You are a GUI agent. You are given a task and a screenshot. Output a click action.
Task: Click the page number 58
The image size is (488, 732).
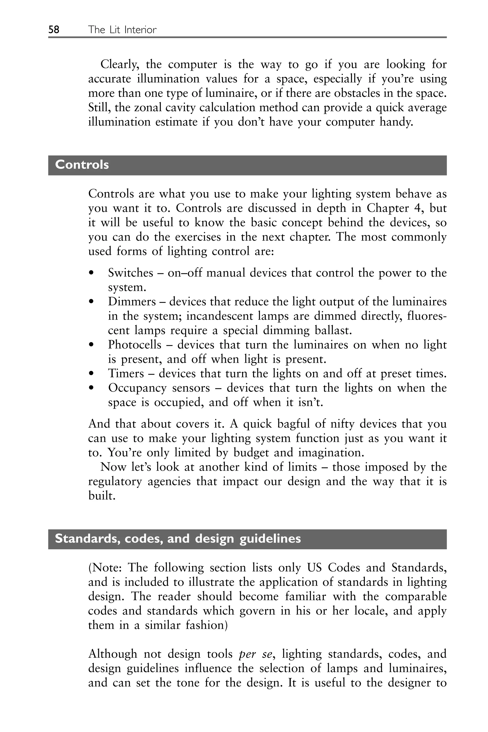tap(54, 30)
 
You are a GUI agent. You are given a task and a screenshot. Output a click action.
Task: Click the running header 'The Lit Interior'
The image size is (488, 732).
tap(122, 30)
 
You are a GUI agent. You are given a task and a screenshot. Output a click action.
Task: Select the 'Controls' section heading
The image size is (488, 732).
tap(82, 165)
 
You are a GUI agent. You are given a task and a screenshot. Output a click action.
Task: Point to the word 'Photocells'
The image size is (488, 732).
tap(134, 345)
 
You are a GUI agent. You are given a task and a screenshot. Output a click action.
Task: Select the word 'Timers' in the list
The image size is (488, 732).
tap(126, 373)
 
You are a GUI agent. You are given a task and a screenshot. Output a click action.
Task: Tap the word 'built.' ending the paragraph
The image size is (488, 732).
tap(102, 496)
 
